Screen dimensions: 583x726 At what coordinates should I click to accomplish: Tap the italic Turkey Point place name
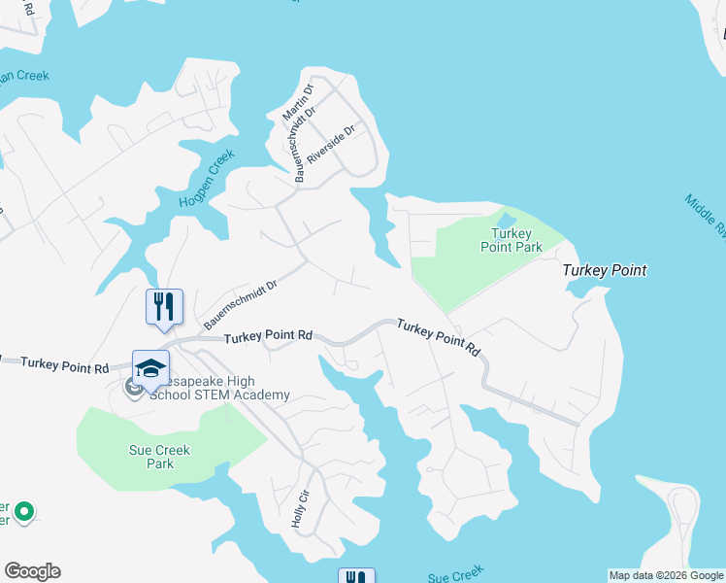(x=605, y=270)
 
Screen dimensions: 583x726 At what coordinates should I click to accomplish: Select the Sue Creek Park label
(x=159, y=457)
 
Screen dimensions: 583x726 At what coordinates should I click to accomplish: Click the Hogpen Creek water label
(x=207, y=178)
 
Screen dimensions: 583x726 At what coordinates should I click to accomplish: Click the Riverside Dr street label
(x=332, y=143)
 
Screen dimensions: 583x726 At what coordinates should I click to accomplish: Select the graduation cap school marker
(x=150, y=368)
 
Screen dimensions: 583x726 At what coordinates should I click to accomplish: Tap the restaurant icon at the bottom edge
(x=355, y=576)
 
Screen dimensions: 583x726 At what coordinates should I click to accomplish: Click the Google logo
(x=32, y=571)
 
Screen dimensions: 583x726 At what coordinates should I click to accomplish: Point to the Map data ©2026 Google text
(x=665, y=575)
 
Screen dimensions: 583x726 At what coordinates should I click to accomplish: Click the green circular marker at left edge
(x=25, y=510)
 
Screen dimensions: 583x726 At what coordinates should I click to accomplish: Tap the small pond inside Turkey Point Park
(x=506, y=219)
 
